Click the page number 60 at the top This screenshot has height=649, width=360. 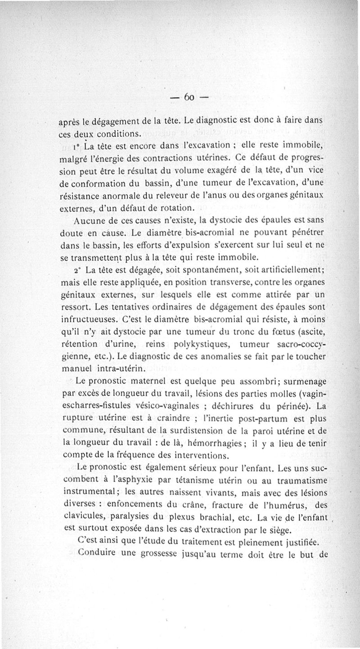[x=189, y=98]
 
